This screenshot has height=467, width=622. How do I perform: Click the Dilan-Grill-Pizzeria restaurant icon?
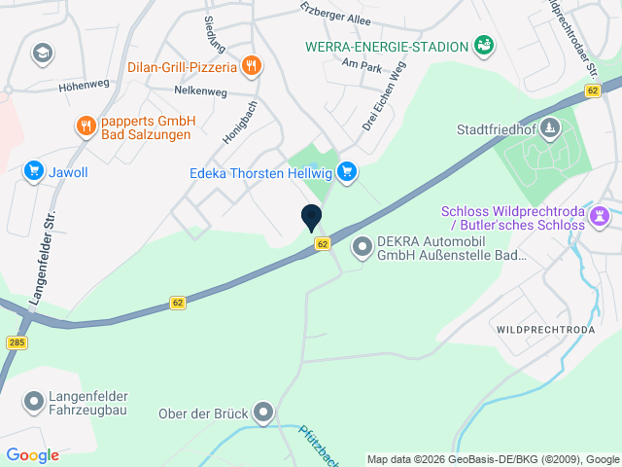pos(252,66)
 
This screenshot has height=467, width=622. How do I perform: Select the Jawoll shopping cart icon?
pos(34,171)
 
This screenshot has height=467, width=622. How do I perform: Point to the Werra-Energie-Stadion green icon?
pos(483,44)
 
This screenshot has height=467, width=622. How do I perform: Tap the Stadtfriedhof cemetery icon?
pos(550,128)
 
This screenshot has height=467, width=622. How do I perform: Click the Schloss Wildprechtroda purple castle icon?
pos(600,214)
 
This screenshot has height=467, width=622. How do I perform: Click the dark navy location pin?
pos(312,218)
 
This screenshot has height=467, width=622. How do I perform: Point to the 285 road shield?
pos(16,342)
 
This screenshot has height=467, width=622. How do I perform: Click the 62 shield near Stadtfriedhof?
pos(592,90)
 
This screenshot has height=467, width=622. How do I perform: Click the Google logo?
pos(32,454)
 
